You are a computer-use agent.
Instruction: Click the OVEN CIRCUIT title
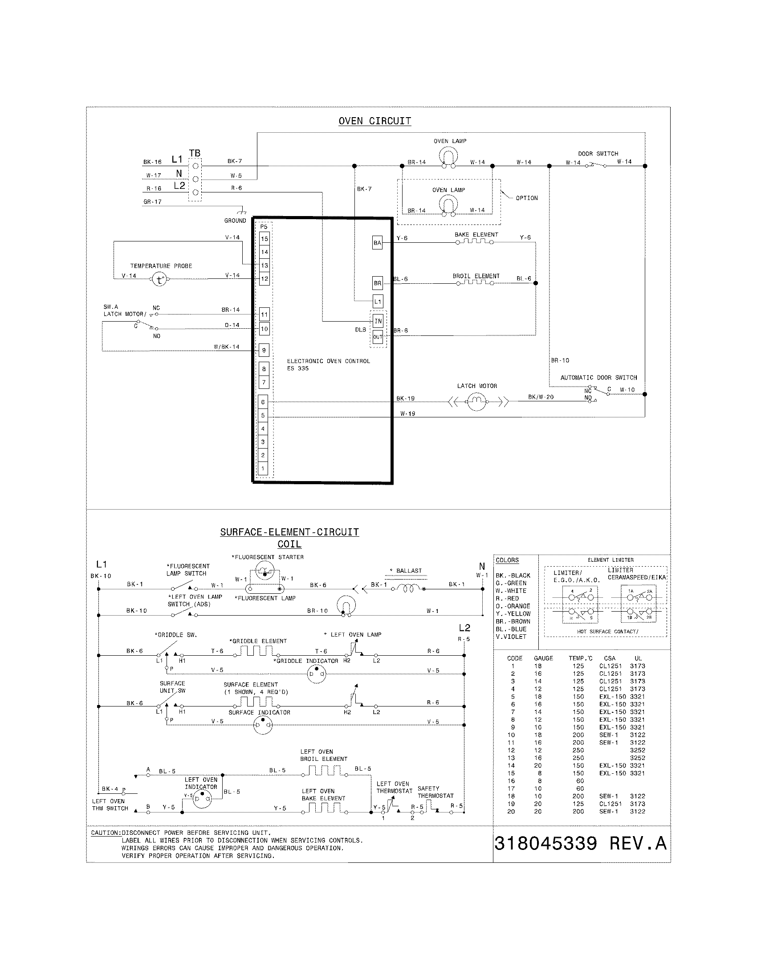pyautogui.click(x=374, y=121)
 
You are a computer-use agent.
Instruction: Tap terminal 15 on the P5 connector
pyautogui.click(x=265, y=239)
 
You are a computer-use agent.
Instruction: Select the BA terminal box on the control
pyautogui.click(x=377, y=243)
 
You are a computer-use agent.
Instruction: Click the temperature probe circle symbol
pyautogui.click(x=159, y=280)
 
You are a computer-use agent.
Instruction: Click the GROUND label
pyautogui.click(x=235, y=221)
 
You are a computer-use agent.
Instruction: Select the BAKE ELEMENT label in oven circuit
pyautogui.click(x=476, y=235)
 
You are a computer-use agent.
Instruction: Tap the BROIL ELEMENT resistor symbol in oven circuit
pyautogui.click(x=475, y=283)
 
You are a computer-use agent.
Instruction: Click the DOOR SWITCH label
pyautogui.click(x=598, y=154)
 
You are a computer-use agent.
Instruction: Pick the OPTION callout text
pyautogui.click(x=526, y=198)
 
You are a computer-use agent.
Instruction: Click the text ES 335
pyautogui.click(x=298, y=368)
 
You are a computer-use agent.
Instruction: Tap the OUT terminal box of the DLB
pyautogui.click(x=378, y=336)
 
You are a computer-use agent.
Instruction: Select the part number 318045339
pyautogui.click(x=546, y=844)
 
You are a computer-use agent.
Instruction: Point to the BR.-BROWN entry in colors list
pyautogui.click(x=513, y=621)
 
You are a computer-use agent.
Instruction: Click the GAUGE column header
pyautogui.click(x=543, y=658)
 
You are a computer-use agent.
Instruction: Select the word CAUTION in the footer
pyautogui.click(x=105, y=833)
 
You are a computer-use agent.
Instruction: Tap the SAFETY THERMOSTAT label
pyautogui.click(x=435, y=792)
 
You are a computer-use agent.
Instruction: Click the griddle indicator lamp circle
pyautogui.click(x=316, y=674)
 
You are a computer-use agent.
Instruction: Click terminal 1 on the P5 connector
pyautogui.click(x=263, y=469)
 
